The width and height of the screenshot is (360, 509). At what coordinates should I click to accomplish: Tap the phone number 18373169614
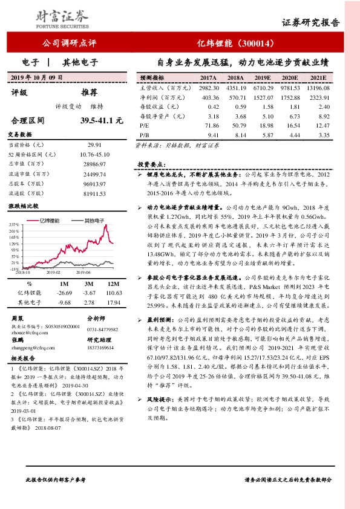coord(101,349)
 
